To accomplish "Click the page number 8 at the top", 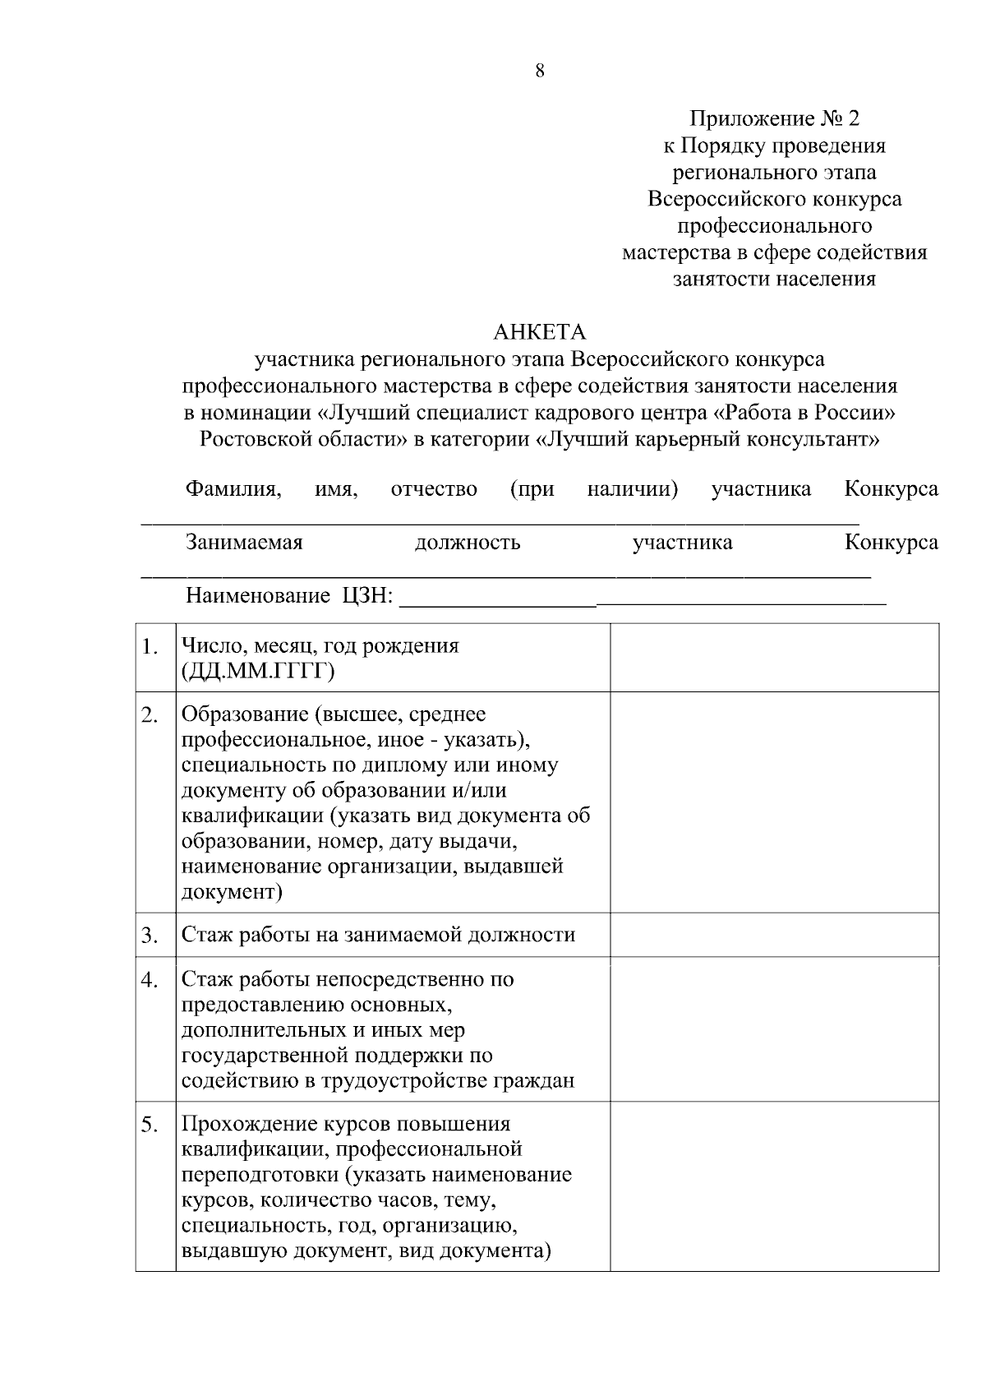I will pyautogui.click(x=540, y=71).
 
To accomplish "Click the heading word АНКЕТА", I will pyautogui.click(x=540, y=332).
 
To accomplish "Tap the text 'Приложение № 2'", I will pyautogui.click(x=774, y=119).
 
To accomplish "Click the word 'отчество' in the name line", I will pyautogui.click(x=434, y=489).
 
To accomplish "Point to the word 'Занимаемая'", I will pyautogui.click(x=244, y=543).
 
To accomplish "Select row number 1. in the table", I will pyautogui.click(x=150, y=648).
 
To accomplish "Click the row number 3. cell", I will pyautogui.click(x=150, y=936).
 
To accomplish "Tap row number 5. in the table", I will pyautogui.click(x=150, y=1126).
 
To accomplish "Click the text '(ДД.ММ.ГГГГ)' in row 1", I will pyautogui.click(x=258, y=672).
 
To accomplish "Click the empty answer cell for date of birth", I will pyautogui.click(x=774, y=658).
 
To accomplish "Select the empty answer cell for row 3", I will pyautogui.click(x=774, y=935).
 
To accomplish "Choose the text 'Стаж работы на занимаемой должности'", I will pyautogui.click(x=378, y=935).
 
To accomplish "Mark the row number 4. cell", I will pyautogui.click(x=150, y=981).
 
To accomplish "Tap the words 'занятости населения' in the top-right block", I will pyautogui.click(x=774, y=279).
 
